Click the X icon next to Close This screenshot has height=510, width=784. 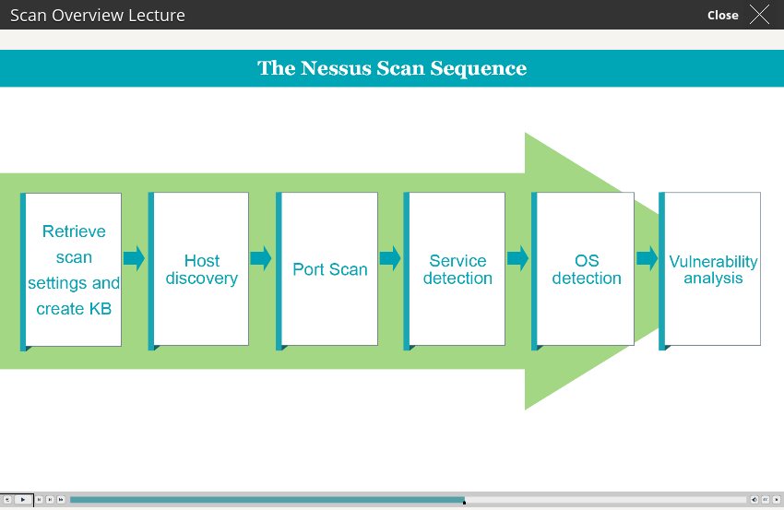pyautogui.click(x=759, y=15)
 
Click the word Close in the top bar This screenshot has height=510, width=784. pyautogui.click(x=722, y=16)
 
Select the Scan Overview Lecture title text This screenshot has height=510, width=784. pyautogui.click(x=98, y=16)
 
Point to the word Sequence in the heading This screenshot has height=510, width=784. pyautogui.click(x=479, y=69)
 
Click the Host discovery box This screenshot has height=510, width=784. pyautogui.click(x=198, y=270)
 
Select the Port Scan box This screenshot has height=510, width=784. pyautogui.click(x=327, y=270)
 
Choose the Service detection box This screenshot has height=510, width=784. pyautogui.click(x=455, y=270)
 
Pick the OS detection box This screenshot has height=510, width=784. pyautogui.click(x=583, y=270)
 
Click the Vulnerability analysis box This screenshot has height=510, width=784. pyautogui.click(x=710, y=270)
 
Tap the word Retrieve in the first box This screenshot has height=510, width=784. pyautogui.click(x=74, y=231)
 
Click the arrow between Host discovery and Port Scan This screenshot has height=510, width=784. pyautogui.click(x=261, y=258)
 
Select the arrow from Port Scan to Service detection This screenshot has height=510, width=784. pyautogui.click(x=390, y=258)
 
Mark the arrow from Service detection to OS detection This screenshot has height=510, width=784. pyautogui.click(x=518, y=258)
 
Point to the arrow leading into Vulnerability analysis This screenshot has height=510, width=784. pyautogui.click(x=647, y=258)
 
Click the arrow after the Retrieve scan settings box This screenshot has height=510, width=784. pyautogui.click(x=134, y=258)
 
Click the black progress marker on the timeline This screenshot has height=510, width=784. pyautogui.click(x=465, y=502)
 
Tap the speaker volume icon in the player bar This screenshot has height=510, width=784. pyautogui.click(x=754, y=500)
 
